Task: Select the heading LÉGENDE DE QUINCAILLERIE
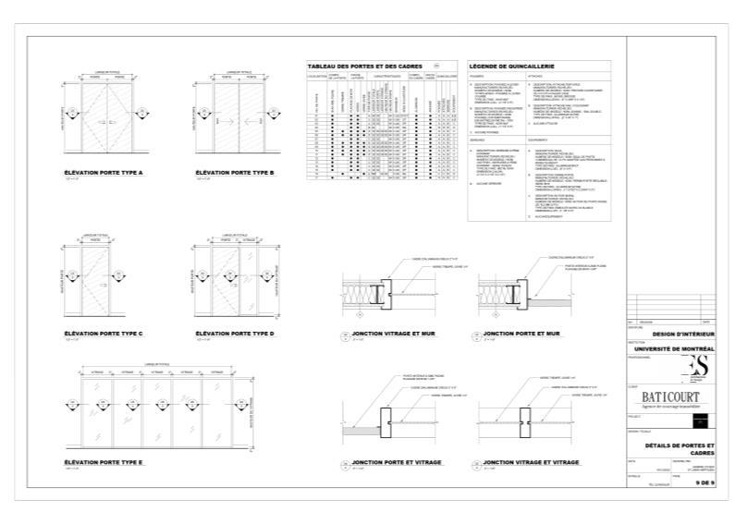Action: [511, 67]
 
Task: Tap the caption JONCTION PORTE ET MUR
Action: [522, 333]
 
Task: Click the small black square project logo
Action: [703, 421]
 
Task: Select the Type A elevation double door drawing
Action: [110, 116]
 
